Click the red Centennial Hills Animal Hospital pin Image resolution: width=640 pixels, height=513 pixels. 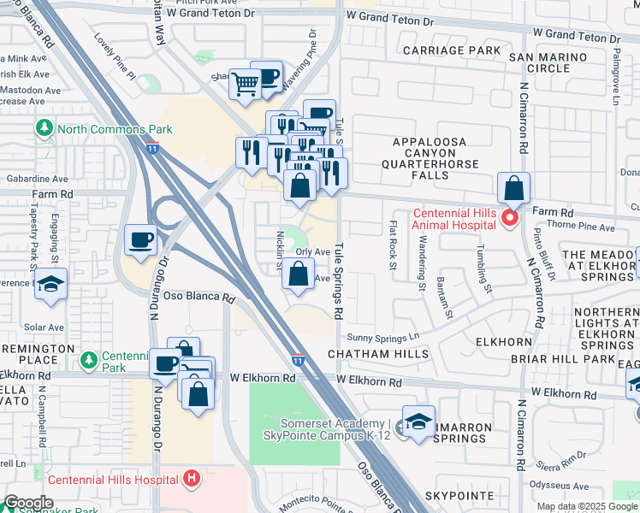[510, 218]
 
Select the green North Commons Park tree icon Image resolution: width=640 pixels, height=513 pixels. [44, 129]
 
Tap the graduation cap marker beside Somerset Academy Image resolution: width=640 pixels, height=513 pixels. [418, 422]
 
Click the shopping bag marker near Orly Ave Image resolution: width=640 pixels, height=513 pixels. [298, 274]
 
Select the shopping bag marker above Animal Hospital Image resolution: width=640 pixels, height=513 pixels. [513, 187]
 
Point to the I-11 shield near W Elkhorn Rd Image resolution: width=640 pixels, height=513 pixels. [297, 360]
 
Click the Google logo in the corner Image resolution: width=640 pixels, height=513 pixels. [29, 502]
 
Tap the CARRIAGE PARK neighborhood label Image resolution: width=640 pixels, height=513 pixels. [457, 51]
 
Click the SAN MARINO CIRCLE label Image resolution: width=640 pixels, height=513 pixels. [548, 62]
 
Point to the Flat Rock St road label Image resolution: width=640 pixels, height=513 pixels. [394, 245]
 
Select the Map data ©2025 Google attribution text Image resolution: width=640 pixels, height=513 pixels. [587, 507]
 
